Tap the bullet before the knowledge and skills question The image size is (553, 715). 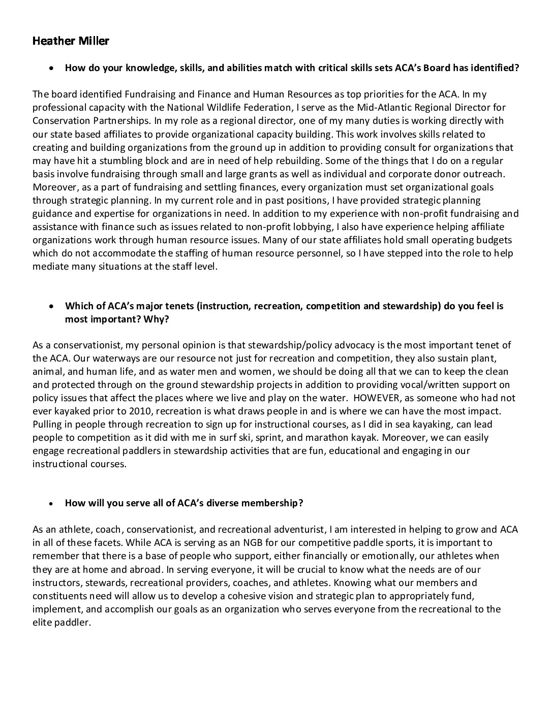click(51, 68)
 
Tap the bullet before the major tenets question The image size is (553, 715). click(51, 307)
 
